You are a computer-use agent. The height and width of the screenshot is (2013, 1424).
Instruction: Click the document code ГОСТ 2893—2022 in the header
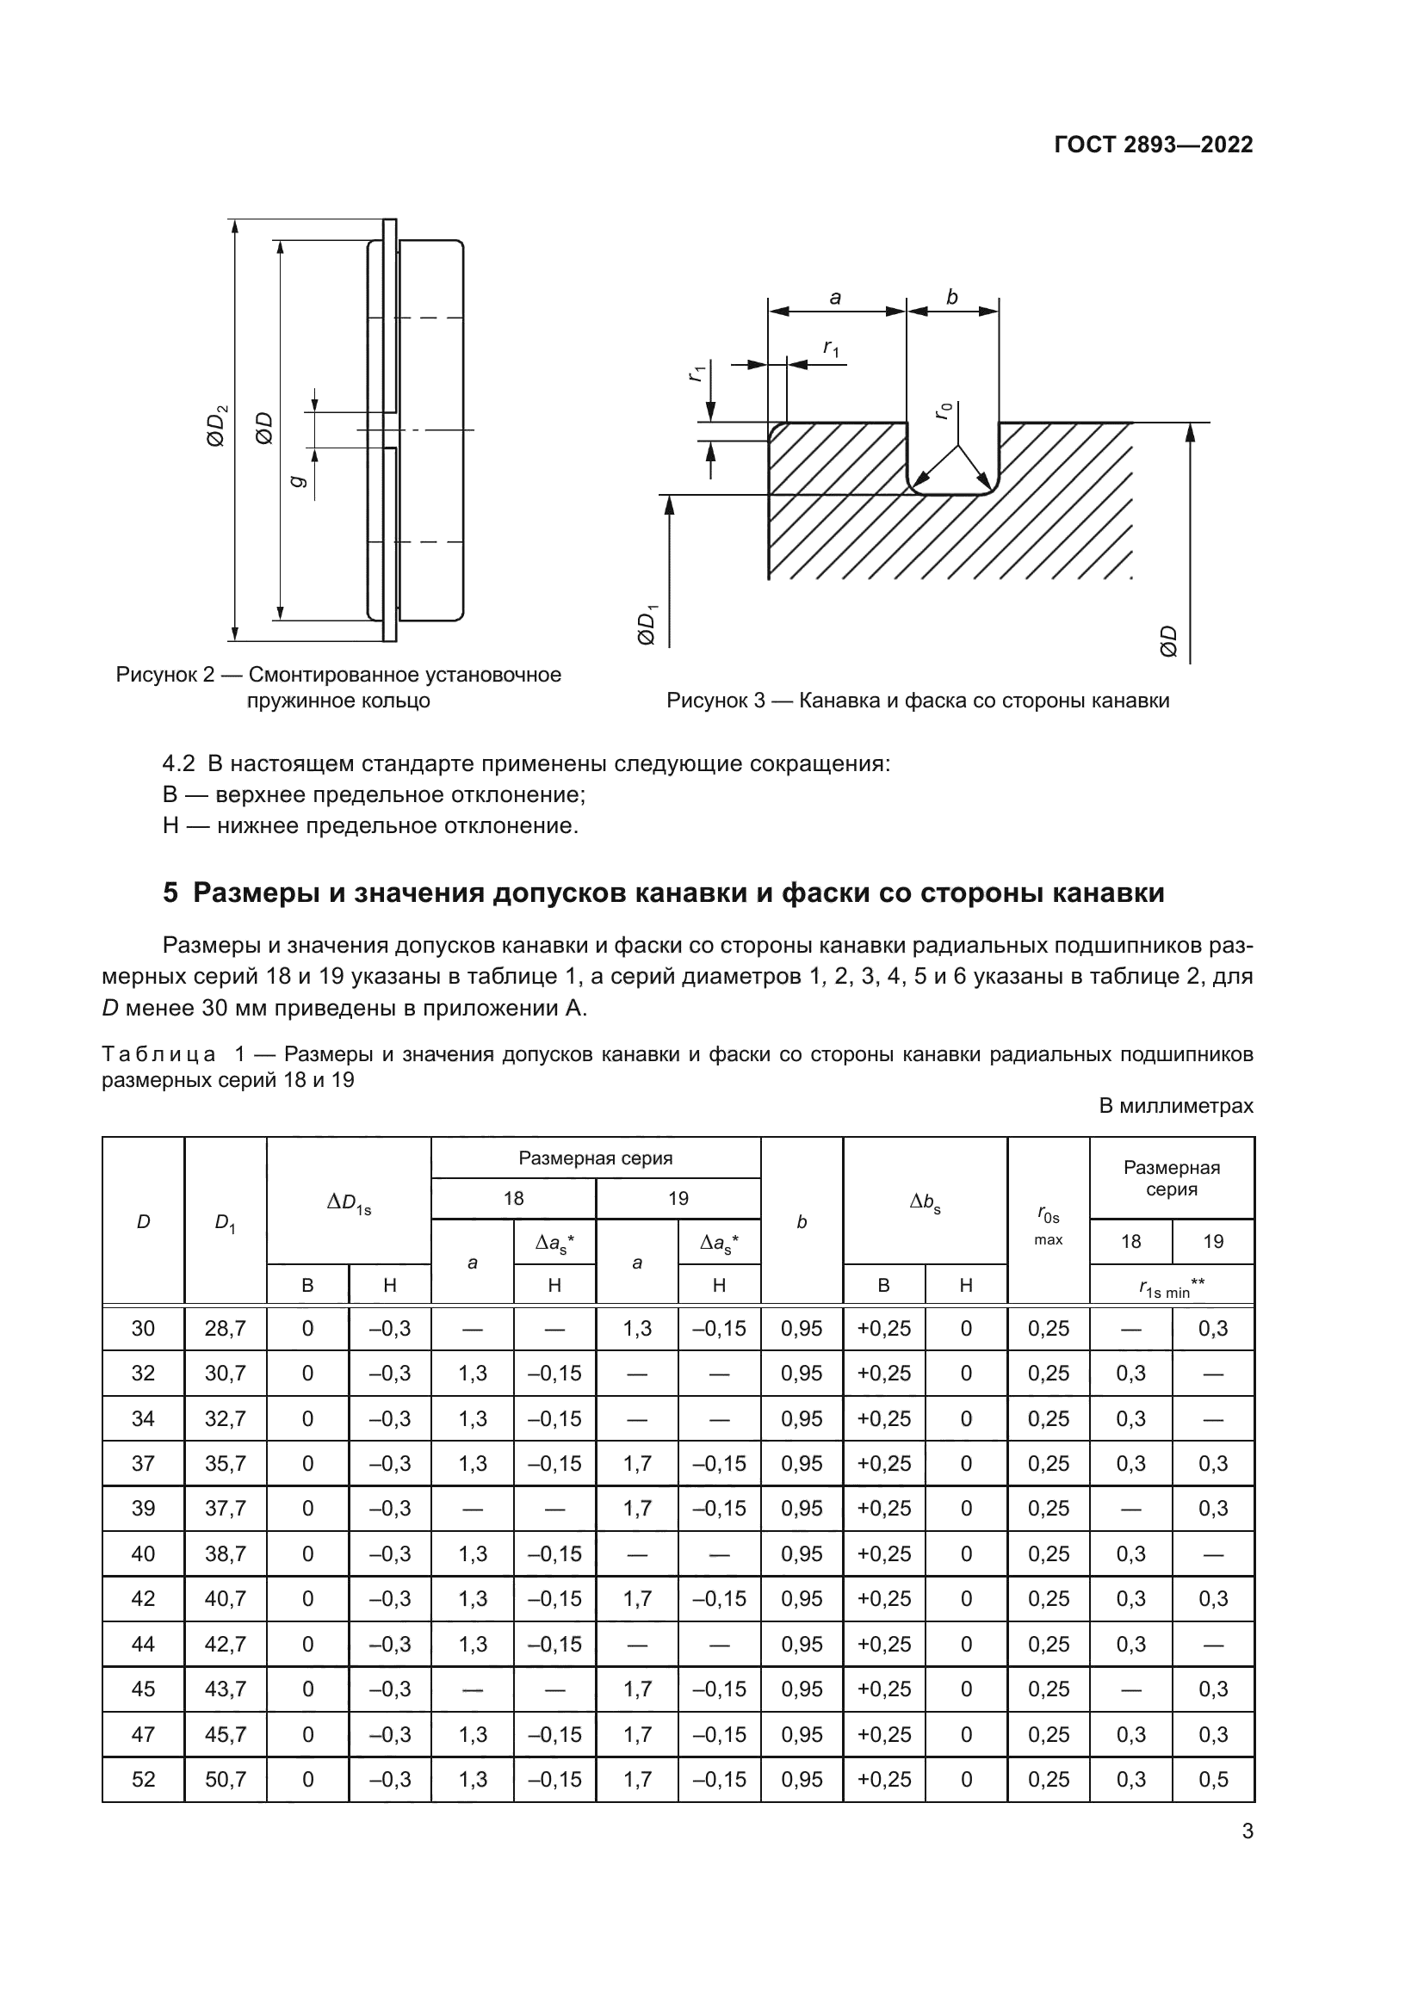(x=1153, y=145)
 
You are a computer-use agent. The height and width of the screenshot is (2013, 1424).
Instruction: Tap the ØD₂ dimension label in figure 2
(x=216, y=425)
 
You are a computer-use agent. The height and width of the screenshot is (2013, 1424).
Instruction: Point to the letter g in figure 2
(x=297, y=479)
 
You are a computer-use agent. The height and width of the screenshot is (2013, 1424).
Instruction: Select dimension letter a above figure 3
(x=835, y=298)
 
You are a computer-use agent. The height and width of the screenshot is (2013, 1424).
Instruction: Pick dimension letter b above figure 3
(x=952, y=298)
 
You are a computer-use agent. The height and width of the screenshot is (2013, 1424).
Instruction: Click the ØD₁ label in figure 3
(x=647, y=624)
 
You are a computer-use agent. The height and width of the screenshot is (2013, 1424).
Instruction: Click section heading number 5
(x=170, y=893)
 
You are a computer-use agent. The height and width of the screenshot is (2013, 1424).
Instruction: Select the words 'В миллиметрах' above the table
(x=1176, y=1106)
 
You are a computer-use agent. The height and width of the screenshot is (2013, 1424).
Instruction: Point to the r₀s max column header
(x=1048, y=1226)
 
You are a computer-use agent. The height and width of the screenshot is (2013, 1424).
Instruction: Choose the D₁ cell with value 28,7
(x=226, y=1328)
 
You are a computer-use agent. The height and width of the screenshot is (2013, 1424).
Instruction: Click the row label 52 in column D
(x=143, y=1779)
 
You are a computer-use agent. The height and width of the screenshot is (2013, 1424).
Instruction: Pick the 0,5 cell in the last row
(x=1213, y=1779)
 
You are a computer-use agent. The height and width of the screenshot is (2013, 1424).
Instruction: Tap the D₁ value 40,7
(x=226, y=1598)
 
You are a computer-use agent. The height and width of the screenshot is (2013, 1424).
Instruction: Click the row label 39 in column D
(x=143, y=1508)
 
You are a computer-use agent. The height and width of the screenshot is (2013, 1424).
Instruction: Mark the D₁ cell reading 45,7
(x=226, y=1734)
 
